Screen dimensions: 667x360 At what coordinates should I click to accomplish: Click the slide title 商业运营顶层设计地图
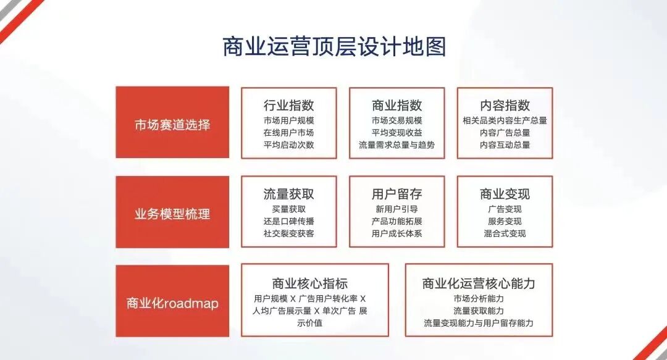click(x=334, y=46)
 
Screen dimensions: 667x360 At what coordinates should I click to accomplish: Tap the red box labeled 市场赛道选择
click(x=172, y=122)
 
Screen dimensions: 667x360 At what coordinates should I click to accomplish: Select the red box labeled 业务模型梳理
click(x=172, y=212)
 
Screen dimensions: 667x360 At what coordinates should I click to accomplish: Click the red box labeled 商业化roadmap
click(x=172, y=301)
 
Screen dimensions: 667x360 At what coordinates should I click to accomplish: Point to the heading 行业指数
click(x=289, y=105)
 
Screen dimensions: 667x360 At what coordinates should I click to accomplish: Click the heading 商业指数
click(x=397, y=105)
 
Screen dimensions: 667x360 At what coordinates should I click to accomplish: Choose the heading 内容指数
click(x=505, y=105)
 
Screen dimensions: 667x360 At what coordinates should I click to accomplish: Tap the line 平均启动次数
click(x=289, y=144)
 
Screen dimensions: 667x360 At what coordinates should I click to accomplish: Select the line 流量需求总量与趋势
click(x=397, y=144)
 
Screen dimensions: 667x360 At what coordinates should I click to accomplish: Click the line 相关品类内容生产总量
click(x=505, y=120)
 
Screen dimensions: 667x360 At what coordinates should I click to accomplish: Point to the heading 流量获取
click(x=289, y=194)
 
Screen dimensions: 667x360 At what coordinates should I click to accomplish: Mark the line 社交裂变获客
click(x=289, y=233)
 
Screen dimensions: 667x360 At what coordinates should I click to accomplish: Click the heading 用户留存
click(x=397, y=194)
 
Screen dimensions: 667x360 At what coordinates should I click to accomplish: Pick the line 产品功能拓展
click(x=397, y=221)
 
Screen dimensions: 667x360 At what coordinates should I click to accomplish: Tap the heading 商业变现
click(x=505, y=194)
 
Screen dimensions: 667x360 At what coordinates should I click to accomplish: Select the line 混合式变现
click(x=505, y=233)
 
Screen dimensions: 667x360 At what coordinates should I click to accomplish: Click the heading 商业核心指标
click(x=310, y=283)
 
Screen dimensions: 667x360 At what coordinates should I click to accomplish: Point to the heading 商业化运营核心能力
click(x=479, y=283)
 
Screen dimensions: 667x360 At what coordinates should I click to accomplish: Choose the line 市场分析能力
click(x=479, y=299)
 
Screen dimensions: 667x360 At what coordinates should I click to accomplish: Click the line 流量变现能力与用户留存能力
click(x=479, y=323)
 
